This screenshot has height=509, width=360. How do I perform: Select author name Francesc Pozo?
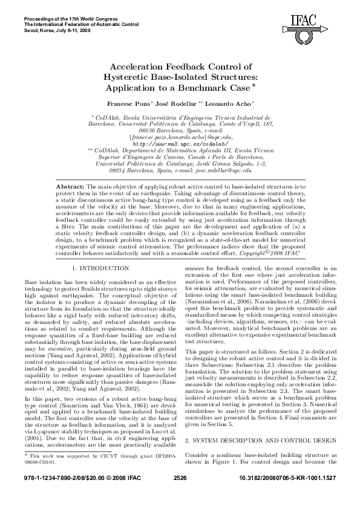(x=125, y=104)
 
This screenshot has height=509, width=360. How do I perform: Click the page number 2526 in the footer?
(x=180, y=495)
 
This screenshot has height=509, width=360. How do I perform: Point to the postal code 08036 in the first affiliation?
(x=151, y=131)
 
